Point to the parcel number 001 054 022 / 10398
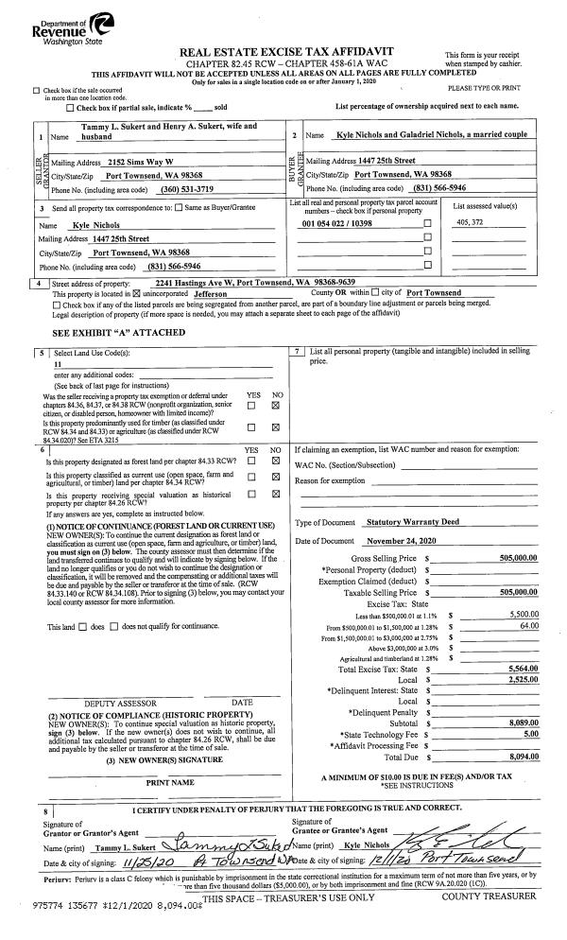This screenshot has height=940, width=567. click(x=338, y=223)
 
